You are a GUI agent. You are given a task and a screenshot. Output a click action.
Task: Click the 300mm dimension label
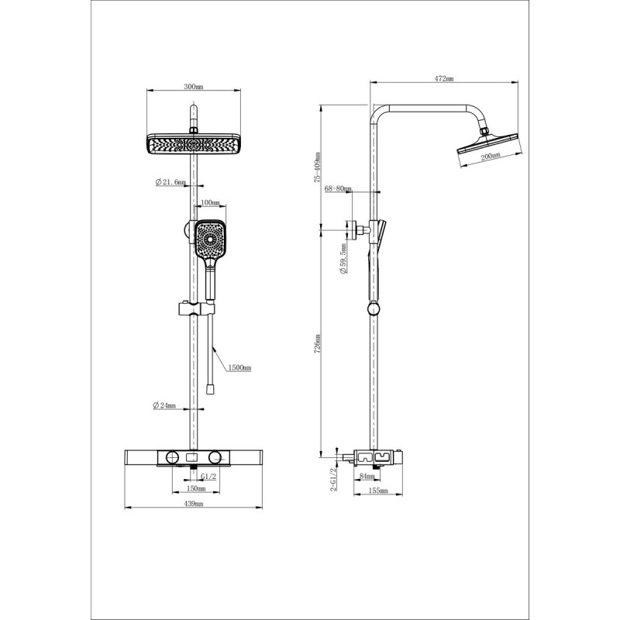pyautogui.click(x=193, y=87)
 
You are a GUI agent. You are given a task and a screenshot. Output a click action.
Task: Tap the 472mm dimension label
pyautogui.click(x=444, y=78)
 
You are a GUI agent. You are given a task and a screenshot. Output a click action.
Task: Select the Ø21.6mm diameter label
pyautogui.click(x=170, y=182)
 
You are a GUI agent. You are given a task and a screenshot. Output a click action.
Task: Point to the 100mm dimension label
pyautogui.click(x=210, y=203)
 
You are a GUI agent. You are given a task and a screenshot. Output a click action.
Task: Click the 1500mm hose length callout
pyautogui.click(x=240, y=368)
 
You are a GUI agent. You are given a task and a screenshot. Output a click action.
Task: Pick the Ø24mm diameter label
pyautogui.click(x=164, y=405)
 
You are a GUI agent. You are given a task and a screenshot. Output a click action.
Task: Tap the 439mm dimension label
pyautogui.click(x=193, y=503)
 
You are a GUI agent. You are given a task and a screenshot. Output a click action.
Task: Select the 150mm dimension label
pyautogui.click(x=196, y=489)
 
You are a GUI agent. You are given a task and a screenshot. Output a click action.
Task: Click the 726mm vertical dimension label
pyautogui.click(x=318, y=343)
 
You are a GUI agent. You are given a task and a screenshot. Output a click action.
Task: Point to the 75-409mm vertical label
pyautogui.click(x=318, y=167)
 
